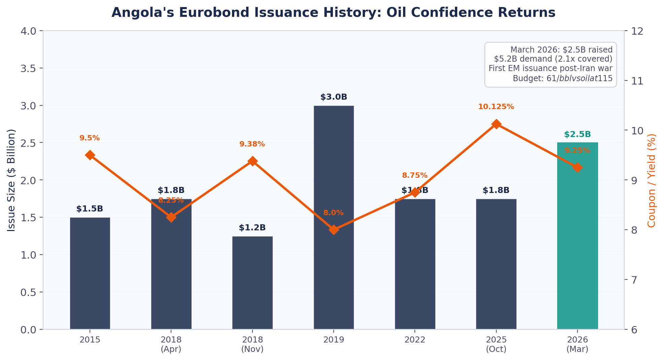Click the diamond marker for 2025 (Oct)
pos(496,124)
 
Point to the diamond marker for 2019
pos(334,230)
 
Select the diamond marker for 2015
pos(90,155)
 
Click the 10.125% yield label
pos(496,107)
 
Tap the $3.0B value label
pos(334,97)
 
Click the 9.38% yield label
pos(252,144)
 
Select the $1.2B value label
pos(252,228)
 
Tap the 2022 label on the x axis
pos(415,339)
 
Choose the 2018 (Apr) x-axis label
pos(171,344)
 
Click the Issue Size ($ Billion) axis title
pos(11,180)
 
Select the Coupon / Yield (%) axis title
pos(652,180)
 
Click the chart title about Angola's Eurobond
pos(333,12)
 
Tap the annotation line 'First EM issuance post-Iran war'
pos(550,68)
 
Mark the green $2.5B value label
pos(577,134)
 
